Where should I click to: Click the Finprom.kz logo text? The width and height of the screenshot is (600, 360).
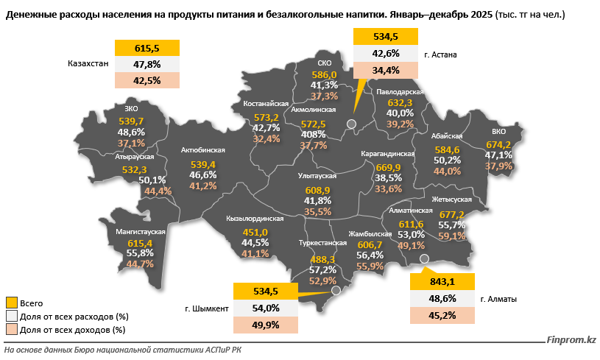pos(571,340)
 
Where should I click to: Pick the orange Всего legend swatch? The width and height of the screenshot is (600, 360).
pos(11,303)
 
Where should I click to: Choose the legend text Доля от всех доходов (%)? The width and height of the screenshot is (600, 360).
pos(72,330)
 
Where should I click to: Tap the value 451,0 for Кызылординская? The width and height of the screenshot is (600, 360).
pos(255,233)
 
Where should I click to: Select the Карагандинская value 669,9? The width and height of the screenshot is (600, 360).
pos(388,167)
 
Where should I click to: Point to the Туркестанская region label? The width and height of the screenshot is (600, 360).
pos(323,242)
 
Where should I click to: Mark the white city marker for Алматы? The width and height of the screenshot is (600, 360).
pos(424,258)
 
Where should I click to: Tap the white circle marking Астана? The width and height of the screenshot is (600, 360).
pos(352,124)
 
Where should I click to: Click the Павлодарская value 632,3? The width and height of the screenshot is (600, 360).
pos(400,103)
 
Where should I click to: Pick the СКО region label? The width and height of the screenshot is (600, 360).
pos(324,63)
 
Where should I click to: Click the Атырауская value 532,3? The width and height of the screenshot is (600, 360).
pos(135,169)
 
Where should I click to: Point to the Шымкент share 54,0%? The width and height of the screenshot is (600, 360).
pos(266,308)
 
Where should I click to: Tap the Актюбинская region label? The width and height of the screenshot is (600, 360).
pos(202,150)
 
